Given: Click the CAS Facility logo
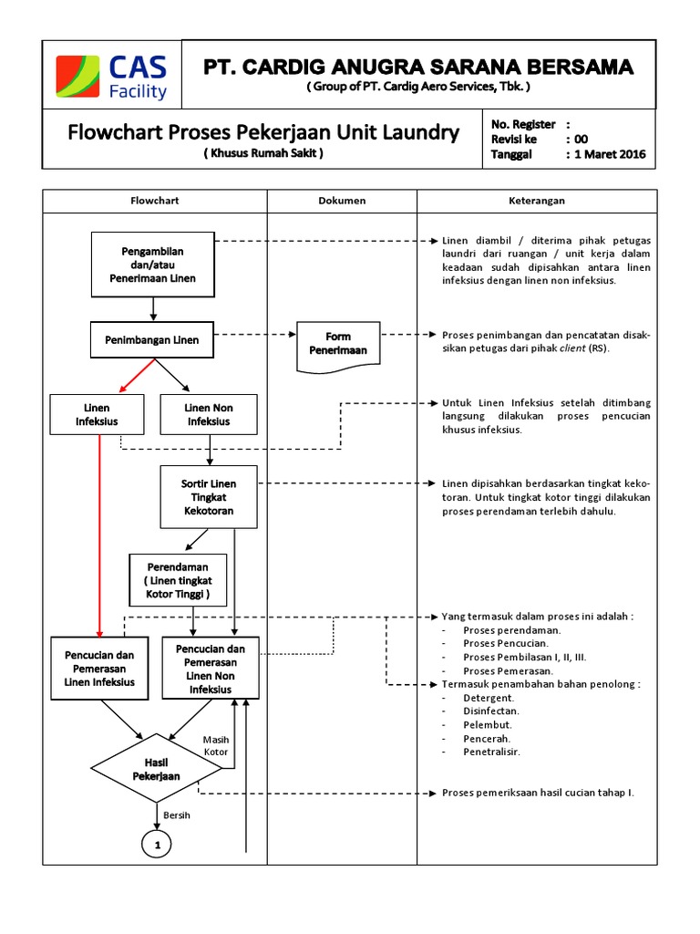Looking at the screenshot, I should [112, 77].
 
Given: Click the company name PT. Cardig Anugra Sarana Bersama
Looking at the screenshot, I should [418, 67].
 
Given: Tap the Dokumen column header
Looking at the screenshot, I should [342, 201].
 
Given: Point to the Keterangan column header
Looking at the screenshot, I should [536, 201].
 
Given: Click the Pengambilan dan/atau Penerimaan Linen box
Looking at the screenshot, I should [153, 265].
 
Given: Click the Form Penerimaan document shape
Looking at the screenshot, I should [337, 344].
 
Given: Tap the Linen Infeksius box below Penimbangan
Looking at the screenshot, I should [97, 415].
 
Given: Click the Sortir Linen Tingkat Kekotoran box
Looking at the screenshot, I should [209, 496].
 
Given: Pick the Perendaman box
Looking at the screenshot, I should [178, 581].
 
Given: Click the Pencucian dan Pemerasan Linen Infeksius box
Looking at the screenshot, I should [99, 669].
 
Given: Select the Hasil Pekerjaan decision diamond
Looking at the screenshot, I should [157, 768].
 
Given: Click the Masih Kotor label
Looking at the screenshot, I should [216, 745].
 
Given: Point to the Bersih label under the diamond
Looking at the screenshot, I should [177, 815].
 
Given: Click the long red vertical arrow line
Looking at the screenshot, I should [98, 529].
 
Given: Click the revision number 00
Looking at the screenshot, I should [582, 139].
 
